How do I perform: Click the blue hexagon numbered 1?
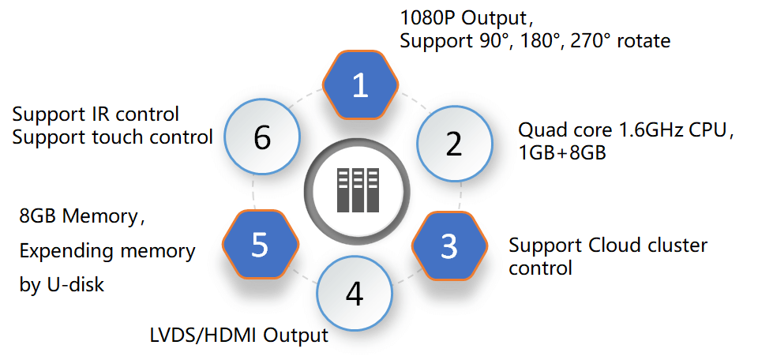point(360,85)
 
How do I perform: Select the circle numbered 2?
point(453,144)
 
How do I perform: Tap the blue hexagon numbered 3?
point(448,246)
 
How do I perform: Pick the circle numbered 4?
point(355,294)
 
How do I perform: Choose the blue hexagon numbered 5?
point(260,246)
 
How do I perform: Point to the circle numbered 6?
point(263,138)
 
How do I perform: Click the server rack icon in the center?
point(354,190)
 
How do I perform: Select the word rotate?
point(644,40)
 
